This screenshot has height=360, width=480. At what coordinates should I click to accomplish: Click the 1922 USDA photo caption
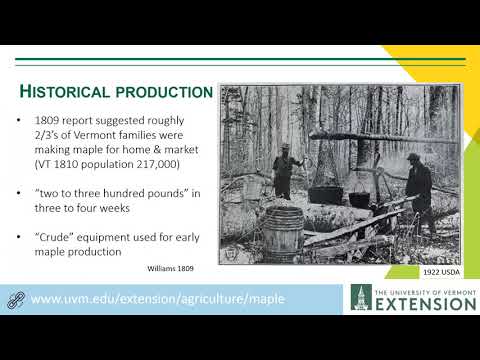(439, 271)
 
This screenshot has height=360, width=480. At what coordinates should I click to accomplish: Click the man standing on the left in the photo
(283, 170)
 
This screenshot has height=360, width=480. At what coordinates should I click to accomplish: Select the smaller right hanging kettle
(359, 197)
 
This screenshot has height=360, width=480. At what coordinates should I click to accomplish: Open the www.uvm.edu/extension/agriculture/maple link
(157, 299)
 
